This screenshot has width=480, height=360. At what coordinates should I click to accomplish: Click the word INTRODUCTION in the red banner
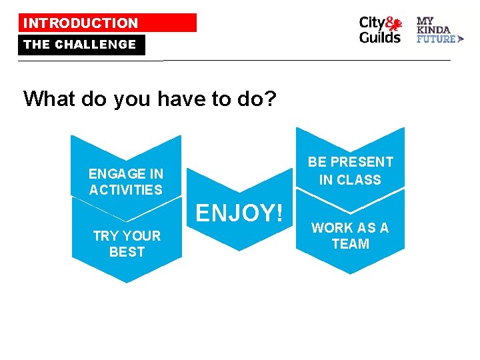pos(81,23)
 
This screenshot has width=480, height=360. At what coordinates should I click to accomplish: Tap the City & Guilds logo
pos(380,30)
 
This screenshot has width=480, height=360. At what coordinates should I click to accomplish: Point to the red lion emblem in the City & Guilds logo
pos(395,25)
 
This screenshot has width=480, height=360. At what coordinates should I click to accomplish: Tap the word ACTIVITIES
pos(126,190)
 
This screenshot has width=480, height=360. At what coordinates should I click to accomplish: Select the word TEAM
pos(350,244)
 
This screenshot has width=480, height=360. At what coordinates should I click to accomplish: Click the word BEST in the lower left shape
pos(127,252)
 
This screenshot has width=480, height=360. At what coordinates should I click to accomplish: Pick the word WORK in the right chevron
pos(332,228)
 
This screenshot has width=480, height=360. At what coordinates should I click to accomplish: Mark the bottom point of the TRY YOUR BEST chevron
pos(127,283)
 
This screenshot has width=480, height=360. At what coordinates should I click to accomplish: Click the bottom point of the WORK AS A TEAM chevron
pos(350,273)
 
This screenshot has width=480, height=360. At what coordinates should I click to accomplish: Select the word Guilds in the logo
pos(380,37)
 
